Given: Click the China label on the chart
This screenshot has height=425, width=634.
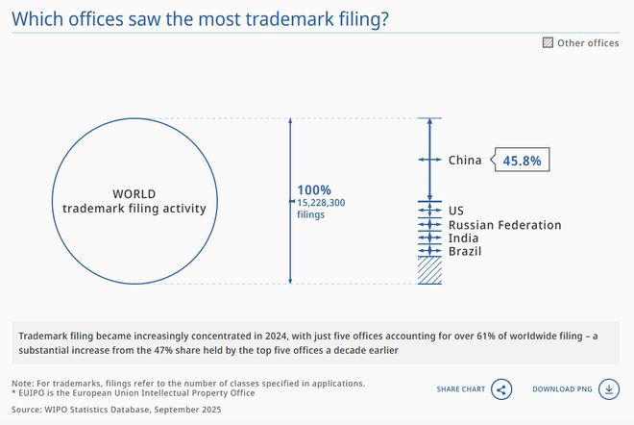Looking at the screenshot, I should (465, 161).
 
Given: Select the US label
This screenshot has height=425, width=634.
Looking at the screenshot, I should (456, 210).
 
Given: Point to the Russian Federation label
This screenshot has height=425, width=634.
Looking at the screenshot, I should (504, 225).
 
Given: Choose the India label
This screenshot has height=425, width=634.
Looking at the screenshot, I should (464, 238).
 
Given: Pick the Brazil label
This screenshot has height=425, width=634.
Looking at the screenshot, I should (466, 252).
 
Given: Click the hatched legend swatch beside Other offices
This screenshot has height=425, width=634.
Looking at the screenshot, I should (548, 42).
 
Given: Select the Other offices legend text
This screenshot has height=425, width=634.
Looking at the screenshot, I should (588, 42).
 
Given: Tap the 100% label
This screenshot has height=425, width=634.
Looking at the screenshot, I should (314, 189).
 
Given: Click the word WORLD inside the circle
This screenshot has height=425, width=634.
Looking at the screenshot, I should (134, 192).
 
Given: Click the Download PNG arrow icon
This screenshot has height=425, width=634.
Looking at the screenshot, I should (608, 389).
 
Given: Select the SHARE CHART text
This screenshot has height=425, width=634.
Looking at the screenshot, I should (461, 389).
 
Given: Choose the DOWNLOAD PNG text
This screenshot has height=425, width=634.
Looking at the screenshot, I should (562, 389).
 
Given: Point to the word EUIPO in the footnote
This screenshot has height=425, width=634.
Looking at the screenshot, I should (33, 393).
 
